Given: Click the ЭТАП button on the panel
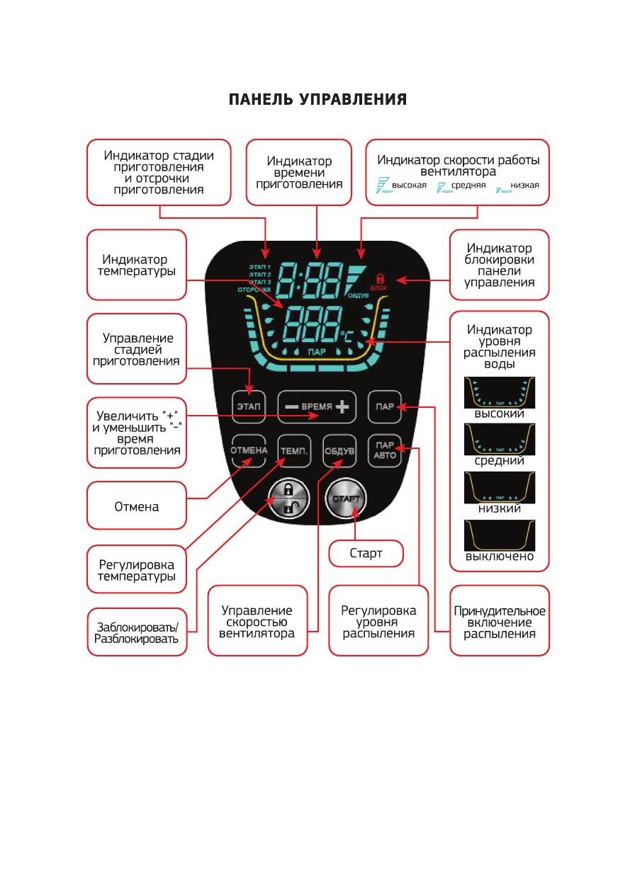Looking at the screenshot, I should click(x=247, y=406).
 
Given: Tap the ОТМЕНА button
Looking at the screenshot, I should click(x=248, y=451).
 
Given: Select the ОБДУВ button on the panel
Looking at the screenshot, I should click(x=339, y=451).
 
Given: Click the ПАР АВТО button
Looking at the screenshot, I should click(x=385, y=451).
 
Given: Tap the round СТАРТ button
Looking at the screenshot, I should click(x=347, y=499).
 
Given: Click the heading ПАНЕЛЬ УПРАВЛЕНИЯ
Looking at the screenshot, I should click(x=317, y=100).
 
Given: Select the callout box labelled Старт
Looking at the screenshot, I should click(x=366, y=554).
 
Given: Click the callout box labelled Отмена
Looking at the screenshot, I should click(x=137, y=506).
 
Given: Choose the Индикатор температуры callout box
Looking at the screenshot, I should click(x=137, y=265).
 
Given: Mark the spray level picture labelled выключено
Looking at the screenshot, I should click(x=499, y=535).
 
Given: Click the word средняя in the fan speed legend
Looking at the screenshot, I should click(x=469, y=186).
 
